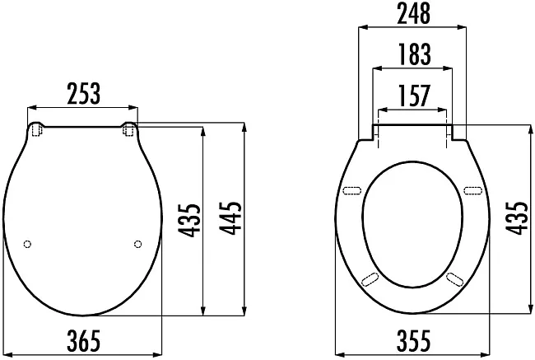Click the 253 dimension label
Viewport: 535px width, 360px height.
(x=84, y=93)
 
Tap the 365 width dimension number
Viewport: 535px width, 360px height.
(x=84, y=340)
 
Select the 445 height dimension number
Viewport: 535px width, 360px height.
(x=230, y=218)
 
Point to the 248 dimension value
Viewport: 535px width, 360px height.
(x=413, y=14)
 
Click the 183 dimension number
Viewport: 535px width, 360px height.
(x=415, y=54)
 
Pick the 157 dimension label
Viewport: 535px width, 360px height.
(x=414, y=96)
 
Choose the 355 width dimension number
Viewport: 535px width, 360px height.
(x=413, y=340)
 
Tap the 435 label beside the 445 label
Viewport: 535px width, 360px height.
(x=189, y=221)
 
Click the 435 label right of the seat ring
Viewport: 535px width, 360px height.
(x=516, y=218)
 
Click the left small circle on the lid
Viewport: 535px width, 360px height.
(x=28, y=244)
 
